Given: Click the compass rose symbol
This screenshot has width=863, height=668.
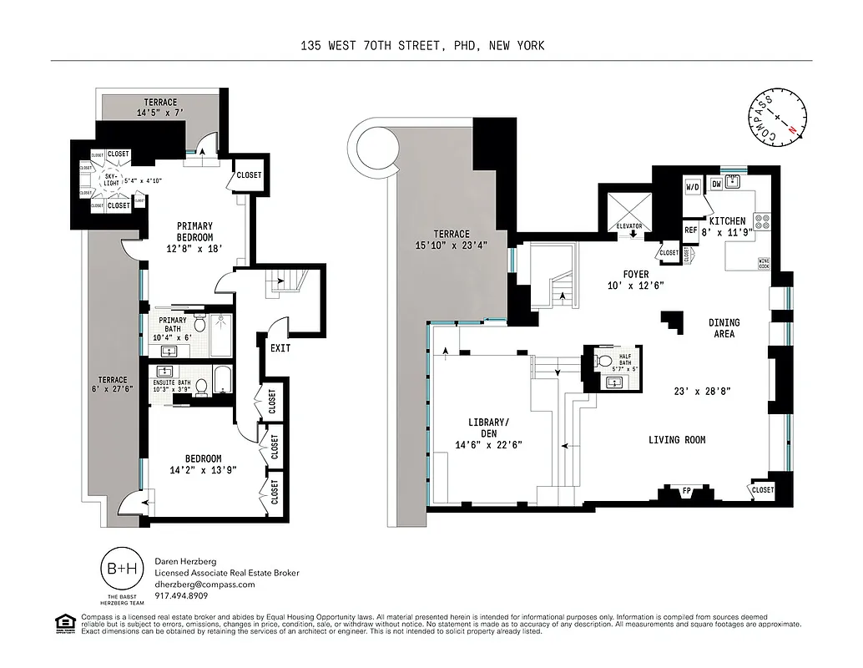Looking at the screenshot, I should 778,118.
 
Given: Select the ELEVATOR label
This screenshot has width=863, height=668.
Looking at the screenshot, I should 632,225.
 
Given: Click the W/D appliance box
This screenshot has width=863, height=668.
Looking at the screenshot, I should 693,188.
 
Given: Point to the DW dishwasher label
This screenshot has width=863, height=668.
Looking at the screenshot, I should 716,185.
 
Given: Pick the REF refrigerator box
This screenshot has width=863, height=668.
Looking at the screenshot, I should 691,230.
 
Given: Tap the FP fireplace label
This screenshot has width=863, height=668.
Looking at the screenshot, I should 687,491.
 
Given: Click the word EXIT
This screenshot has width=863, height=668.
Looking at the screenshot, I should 280,347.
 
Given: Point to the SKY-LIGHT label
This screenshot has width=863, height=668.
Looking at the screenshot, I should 110,181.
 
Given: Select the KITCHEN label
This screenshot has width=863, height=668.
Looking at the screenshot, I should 727,221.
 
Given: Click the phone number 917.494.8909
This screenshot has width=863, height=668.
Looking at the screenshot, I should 181,596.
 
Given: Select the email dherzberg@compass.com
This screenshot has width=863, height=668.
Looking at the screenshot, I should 204,584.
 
